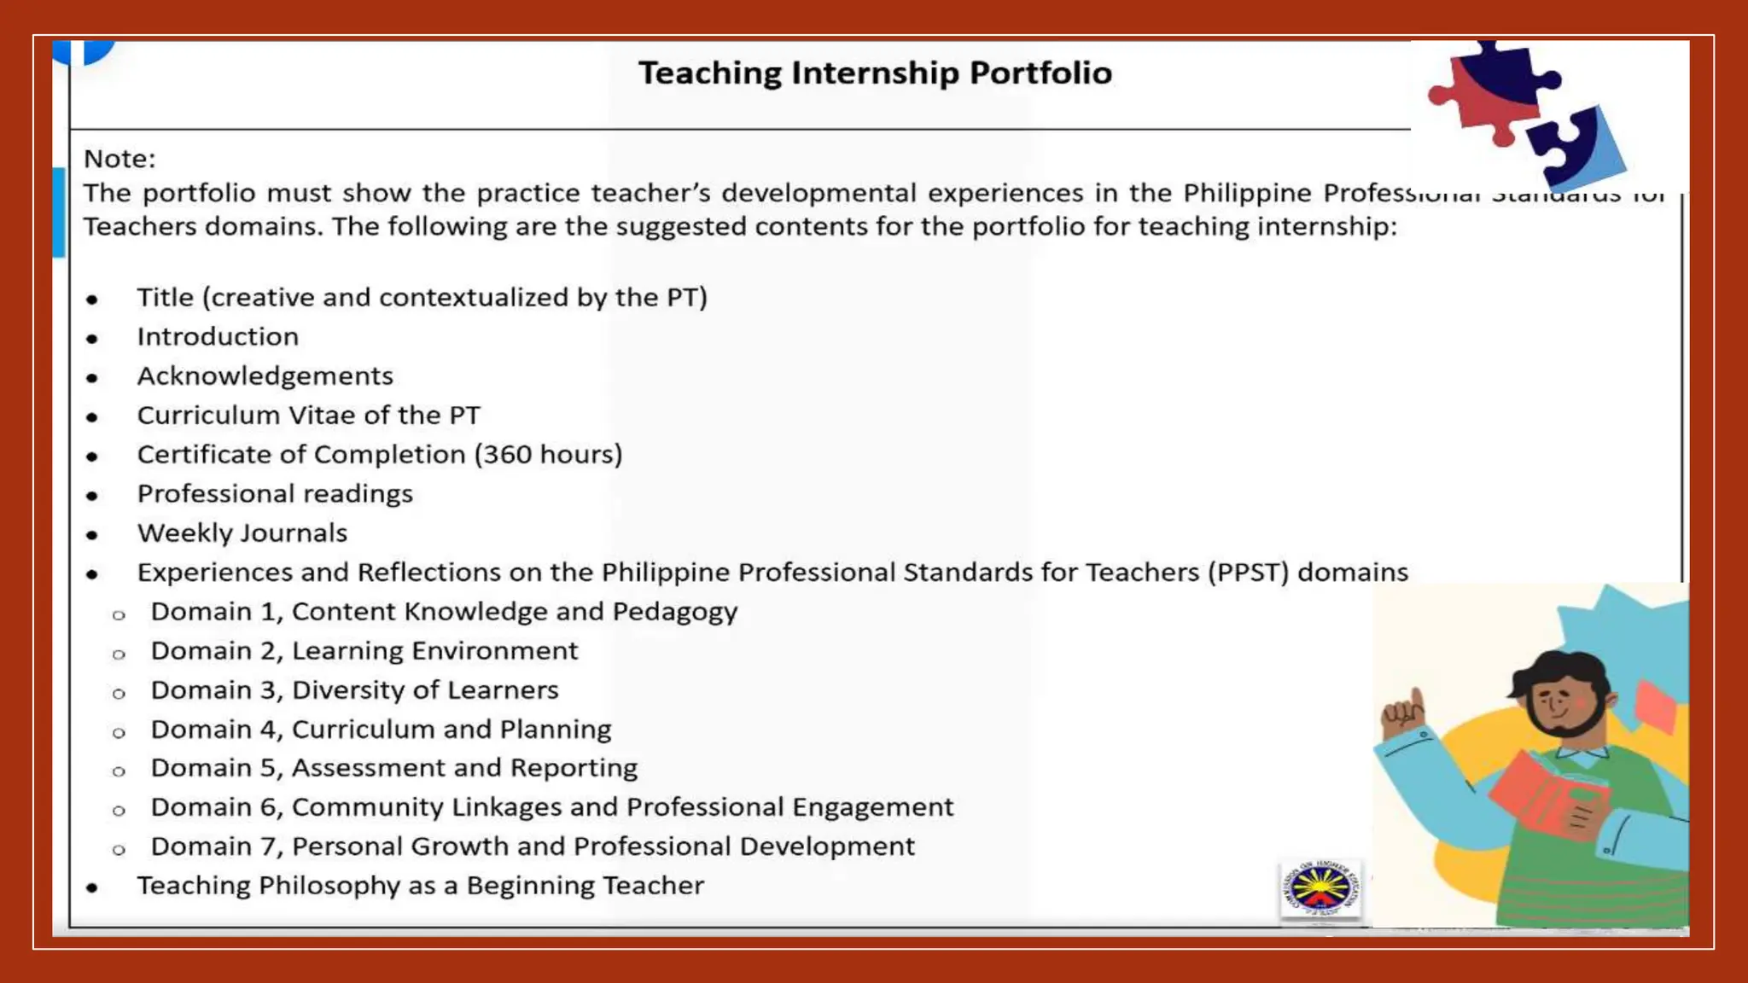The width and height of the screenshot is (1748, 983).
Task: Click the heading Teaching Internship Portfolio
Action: (x=875, y=73)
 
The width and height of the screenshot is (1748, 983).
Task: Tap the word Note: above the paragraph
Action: (x=119, y=159)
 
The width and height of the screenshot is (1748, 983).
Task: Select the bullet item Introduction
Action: (x=218, y=337)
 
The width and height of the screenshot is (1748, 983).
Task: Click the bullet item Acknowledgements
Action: (x=265, y=376)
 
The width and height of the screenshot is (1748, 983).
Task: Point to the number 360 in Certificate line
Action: (x=508, y=455)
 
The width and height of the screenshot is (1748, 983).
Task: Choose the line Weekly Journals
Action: (x=242, y=533)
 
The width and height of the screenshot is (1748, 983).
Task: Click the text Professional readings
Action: (x=275, y=494)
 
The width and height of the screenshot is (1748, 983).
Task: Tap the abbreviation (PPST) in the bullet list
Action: (x=1247, y=573)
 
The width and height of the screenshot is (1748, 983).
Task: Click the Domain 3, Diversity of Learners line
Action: (x=354, y=690)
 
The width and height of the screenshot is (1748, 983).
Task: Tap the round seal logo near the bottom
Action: (x=1320, y=889)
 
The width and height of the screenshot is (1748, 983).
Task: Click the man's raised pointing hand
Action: (x=1402, y=715)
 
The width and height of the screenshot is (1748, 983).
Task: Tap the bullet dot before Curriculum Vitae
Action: (x=92, y=417)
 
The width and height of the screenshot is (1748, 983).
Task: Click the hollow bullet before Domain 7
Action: (x=119, y=850)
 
